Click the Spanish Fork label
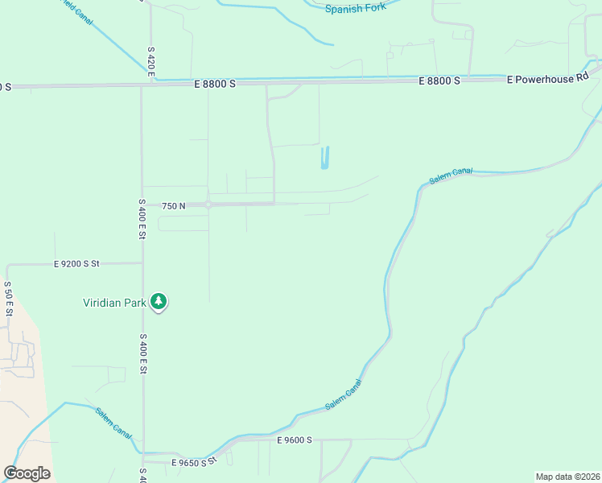click(x=356, y=8)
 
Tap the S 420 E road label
click(x=150, y=61)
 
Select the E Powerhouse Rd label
click(x=547, y=78)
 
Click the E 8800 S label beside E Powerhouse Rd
click(x=439, y=80)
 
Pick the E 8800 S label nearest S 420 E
click(x=214, y=83)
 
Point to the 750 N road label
click(x=173, y=206)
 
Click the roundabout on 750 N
click(x=208, y=204)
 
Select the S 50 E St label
click(x=8, y=299)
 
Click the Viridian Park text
click(x=114, y=303)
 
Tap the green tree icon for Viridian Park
click(x=159, y=302)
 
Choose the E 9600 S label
click(x=294, y=440)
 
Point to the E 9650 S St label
click(x=195, y=463)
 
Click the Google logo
click(x=27, y=473)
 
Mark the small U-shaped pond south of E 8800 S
click(x=324, y=158)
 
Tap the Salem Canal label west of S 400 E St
click(x=113, y=423)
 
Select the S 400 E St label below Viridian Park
click(x=143, y=354)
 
